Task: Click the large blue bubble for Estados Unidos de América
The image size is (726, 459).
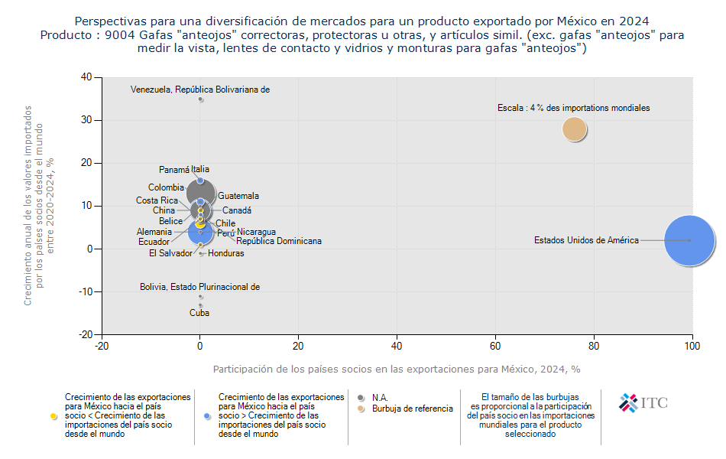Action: [689, 240]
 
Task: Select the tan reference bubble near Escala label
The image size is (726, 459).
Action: [575, 129]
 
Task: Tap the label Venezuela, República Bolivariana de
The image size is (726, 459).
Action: [199, 90]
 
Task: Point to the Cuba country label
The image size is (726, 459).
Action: [199, 313]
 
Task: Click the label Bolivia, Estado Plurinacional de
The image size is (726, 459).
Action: [199, 288]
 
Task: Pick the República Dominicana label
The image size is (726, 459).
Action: [279, 241]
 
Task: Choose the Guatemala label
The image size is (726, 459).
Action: [238, 197]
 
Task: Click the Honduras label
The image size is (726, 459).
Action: [226, 253]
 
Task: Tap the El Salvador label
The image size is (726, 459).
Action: [170, 253]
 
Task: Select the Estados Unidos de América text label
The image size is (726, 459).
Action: [586, 240]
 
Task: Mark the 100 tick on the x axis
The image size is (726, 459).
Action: [692, 347]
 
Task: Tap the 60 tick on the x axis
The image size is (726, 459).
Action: [495, 347]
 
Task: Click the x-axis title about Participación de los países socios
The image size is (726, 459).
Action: [397, 369]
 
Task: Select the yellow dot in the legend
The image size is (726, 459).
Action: [53, 416]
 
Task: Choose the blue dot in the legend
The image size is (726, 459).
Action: [207, 416]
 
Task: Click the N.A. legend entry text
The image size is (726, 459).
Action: [380, 398]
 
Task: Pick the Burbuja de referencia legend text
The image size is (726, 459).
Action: [412, 409]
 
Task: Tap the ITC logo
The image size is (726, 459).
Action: [643, 402]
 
